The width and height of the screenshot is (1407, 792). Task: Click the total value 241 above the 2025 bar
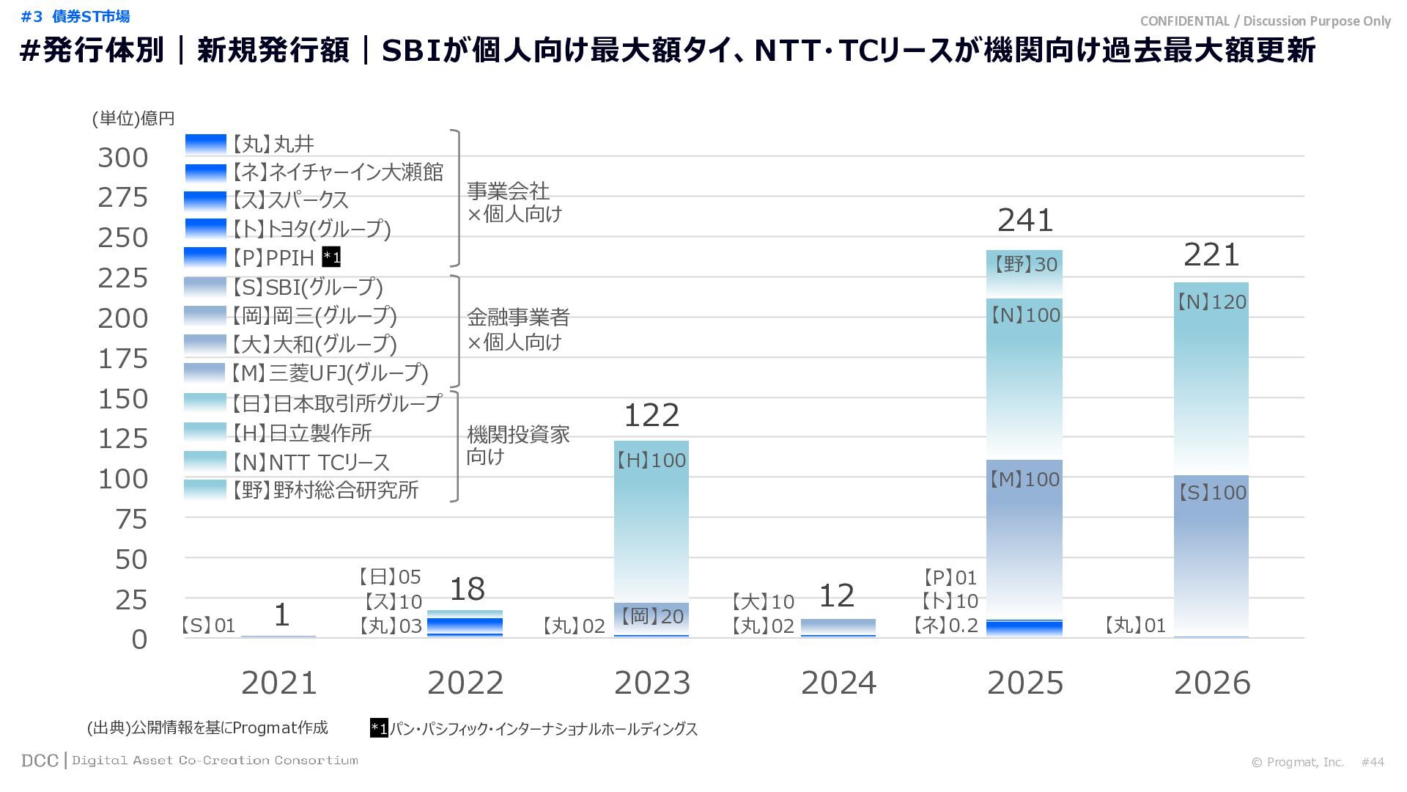[1024, 220]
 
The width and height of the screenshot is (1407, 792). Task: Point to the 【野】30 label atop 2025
[1024, 264]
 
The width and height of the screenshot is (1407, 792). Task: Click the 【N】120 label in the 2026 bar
[1211, 302]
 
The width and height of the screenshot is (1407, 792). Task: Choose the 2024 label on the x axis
[838, 683]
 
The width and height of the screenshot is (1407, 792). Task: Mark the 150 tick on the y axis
[123, 399]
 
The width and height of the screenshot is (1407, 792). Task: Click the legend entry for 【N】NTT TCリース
[311, 462]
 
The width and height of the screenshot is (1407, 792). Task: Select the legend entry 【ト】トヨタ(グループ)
[311, 229]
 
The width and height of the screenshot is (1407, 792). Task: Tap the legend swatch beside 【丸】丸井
[205, 144]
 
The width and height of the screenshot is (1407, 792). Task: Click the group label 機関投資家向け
[517, 445]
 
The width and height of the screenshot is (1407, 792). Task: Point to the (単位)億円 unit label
[133, 119]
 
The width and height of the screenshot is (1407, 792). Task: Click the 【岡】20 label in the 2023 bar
[651, 617]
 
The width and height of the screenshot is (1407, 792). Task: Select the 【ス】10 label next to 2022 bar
[393, 602]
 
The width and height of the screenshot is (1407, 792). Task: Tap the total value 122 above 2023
[651, 416]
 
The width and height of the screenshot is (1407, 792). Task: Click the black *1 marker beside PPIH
[331, 257]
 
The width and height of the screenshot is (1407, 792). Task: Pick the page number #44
[1373, 762]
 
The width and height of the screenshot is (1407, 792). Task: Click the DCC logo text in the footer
[40, 760]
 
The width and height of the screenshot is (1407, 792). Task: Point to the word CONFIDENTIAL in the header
[1184, 21]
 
